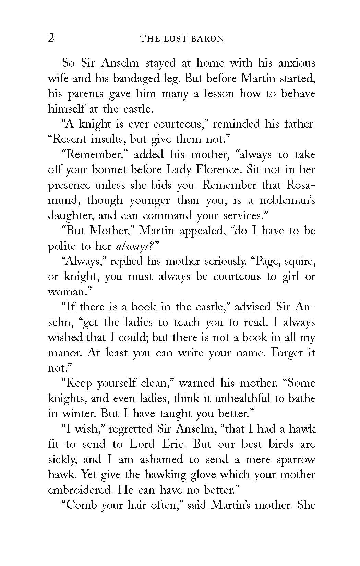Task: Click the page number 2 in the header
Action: click(x=51, y=38)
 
